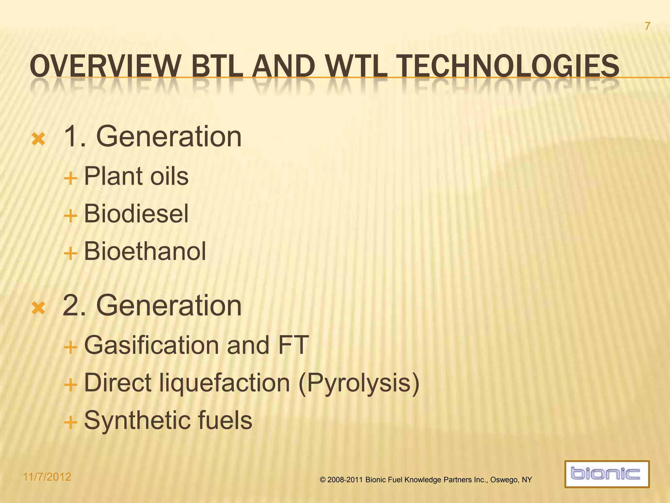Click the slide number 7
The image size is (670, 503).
647,26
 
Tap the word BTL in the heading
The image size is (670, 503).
217,66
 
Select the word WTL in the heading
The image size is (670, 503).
357,66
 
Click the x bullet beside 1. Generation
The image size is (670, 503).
38,139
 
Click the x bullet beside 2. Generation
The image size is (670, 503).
38,308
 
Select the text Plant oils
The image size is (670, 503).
136,176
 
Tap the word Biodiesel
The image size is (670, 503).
136,214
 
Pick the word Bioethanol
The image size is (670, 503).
145,251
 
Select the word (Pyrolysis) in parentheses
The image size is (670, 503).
359,383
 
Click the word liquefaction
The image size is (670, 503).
224,383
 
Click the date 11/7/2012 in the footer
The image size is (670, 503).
47,477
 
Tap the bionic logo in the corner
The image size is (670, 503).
607,474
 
